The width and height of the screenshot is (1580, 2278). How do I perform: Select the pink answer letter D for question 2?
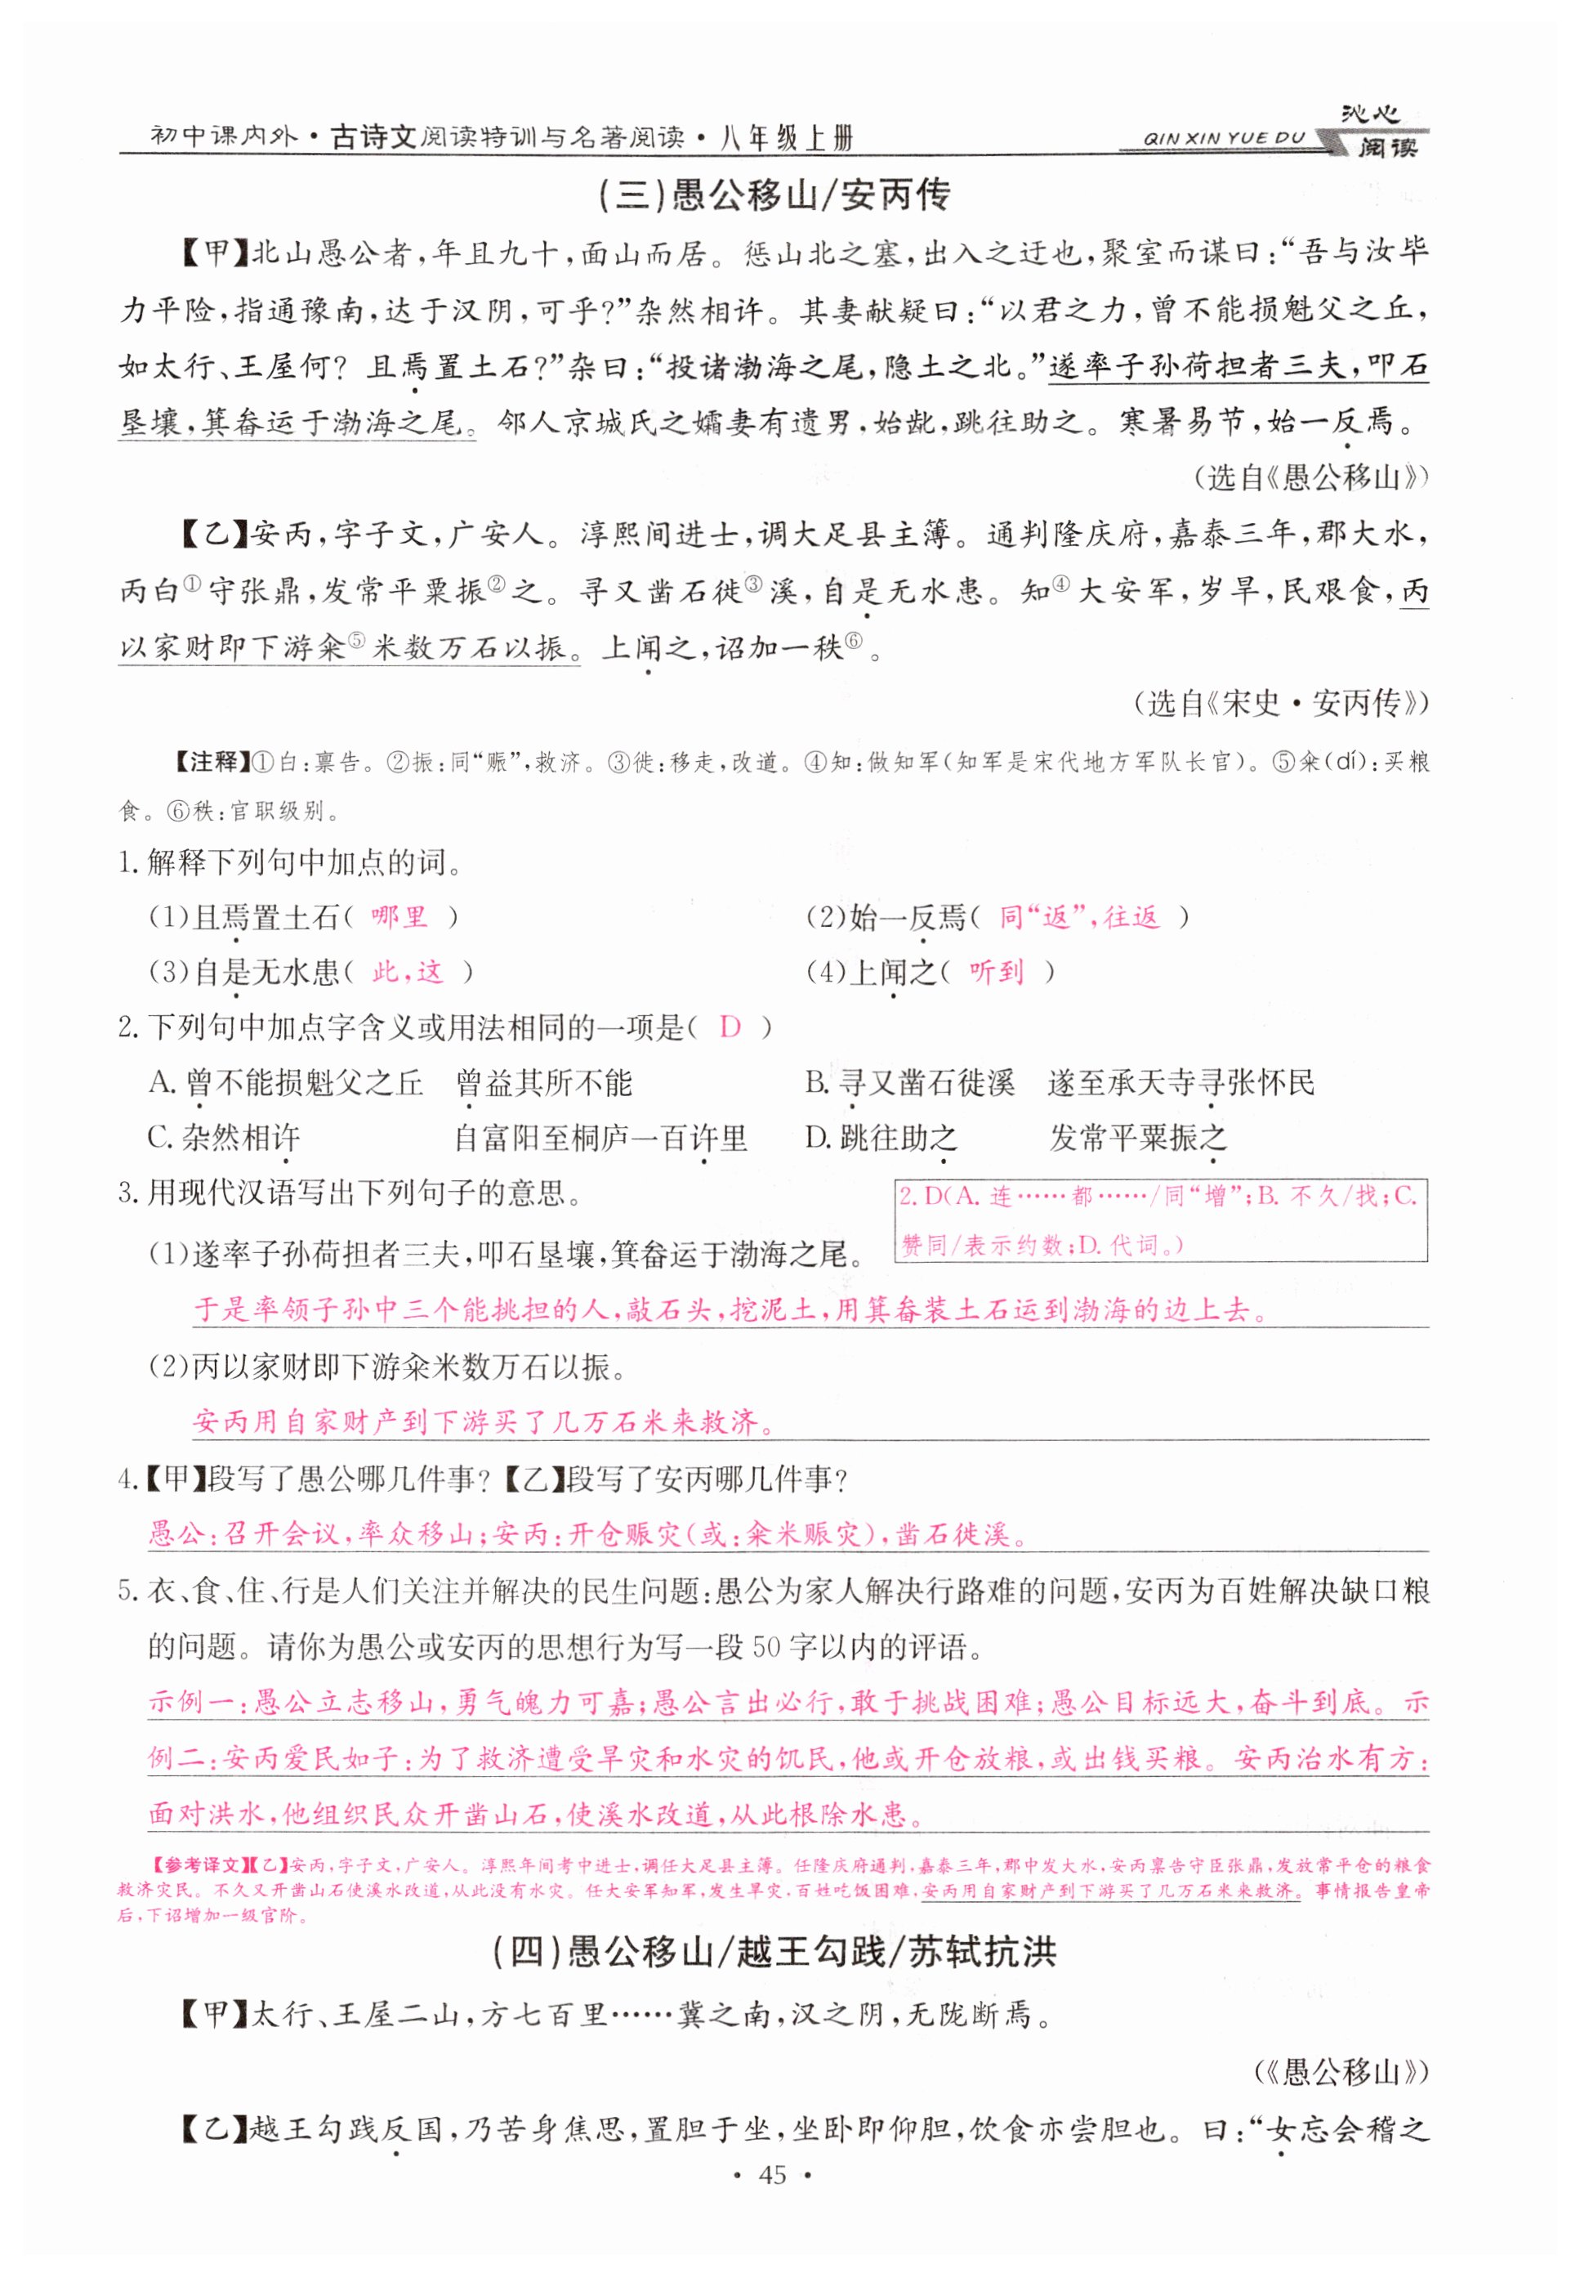[x=730, y=1027]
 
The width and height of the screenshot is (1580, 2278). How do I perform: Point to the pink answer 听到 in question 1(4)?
[x=996, y=972]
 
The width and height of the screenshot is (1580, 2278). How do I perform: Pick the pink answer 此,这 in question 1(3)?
[x=407, y=972]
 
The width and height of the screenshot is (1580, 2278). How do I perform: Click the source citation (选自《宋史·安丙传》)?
[x=1281, y=703]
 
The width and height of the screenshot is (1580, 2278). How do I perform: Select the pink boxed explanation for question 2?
[x=1160, y=1220]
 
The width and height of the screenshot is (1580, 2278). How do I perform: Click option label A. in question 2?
[x=163, y=1082]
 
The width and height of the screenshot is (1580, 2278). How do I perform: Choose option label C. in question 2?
[x=162, y=1138]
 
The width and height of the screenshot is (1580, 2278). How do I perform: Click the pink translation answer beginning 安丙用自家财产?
[x=484, y=1422]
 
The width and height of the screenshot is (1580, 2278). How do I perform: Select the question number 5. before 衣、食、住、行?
[x=129, y=1591]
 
